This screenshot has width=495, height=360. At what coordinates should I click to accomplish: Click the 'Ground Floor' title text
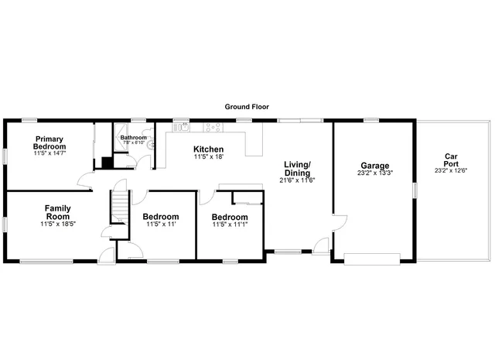tap(247, 107)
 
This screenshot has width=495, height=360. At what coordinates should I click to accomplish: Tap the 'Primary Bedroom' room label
tap(49, 142)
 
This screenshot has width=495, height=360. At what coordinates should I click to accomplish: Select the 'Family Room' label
tap(58, 212)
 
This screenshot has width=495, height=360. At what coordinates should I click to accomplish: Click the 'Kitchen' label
tap(208, 149)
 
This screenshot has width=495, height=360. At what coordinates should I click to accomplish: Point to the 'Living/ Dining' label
tap(297, 168)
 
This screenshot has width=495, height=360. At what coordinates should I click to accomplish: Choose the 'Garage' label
tap(375, 166)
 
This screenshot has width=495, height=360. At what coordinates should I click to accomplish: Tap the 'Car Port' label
tap(452, 160)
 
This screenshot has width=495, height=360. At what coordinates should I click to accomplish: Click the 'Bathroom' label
tap(133, 138)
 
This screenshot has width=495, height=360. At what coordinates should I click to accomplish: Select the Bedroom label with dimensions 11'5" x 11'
tap(162, 217)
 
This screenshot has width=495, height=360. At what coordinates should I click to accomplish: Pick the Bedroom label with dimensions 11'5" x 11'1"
tap(230, 217)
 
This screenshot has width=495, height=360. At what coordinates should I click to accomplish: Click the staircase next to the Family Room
tap(118, 208)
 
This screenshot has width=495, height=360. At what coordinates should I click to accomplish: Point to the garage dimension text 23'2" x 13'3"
tap(375, 174)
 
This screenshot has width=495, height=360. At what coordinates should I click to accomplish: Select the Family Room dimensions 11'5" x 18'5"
tap(58, 225)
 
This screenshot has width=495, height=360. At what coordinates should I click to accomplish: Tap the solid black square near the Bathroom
tap(107, 163)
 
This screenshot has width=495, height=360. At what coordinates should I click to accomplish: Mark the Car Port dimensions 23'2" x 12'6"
tap(452, 170)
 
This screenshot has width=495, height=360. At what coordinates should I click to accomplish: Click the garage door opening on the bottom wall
tap(372, 259)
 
